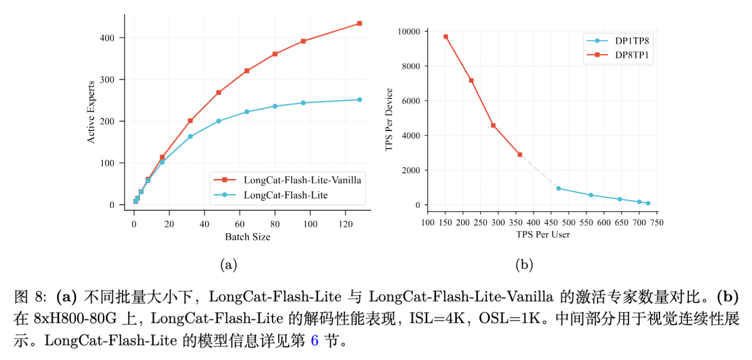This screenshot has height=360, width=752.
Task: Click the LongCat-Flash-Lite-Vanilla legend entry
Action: [302, 180]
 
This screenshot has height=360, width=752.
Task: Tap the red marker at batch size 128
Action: [359, 23]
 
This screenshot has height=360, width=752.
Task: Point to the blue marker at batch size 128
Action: [359, 99]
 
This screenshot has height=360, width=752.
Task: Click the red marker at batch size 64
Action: [247, 70]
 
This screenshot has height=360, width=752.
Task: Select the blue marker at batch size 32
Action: [190, 137]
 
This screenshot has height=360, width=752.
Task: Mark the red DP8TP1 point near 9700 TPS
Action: [445, 37]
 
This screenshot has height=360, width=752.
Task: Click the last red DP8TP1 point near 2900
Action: [520, 155]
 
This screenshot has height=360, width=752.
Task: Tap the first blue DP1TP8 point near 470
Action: [559, 188]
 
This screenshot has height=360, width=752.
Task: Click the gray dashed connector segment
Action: [539, 171]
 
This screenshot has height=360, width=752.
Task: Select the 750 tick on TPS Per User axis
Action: [657, 222]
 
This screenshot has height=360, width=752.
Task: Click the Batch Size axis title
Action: [247, 237]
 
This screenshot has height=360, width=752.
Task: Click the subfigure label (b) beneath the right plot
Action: [524, 265]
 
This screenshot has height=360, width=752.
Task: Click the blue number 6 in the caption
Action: [314, 342]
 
